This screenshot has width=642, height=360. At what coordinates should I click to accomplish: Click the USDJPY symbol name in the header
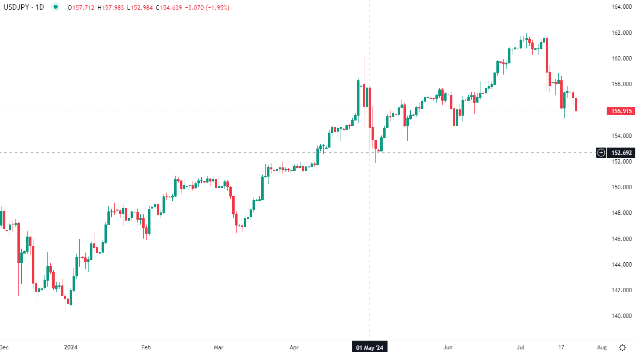pos(16,8)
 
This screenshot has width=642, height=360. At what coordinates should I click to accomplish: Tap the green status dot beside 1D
pos(57,7)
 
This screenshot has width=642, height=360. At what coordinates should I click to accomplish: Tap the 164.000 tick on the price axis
pos(622,7)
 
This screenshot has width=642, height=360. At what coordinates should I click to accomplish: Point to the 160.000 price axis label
pos(622,59)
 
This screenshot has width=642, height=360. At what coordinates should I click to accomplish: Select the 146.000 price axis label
pos(622,239)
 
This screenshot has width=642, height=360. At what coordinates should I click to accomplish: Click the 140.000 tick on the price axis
pos(622,316)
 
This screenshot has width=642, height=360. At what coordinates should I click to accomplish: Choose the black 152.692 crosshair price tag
pos(622,153)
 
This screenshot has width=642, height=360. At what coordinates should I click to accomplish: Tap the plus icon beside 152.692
pos(601,153)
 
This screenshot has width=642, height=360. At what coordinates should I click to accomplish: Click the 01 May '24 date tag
pos(370,347)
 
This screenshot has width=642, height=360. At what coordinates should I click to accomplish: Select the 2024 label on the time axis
pos(71,347)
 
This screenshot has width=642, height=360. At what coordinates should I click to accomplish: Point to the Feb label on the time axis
pos(146,347)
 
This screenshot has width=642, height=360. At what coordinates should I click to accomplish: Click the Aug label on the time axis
pos(602,347)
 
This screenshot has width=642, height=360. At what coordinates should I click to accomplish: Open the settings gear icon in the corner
pos(623,347)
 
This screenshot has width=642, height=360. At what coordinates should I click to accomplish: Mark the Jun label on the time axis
pos(448,347)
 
